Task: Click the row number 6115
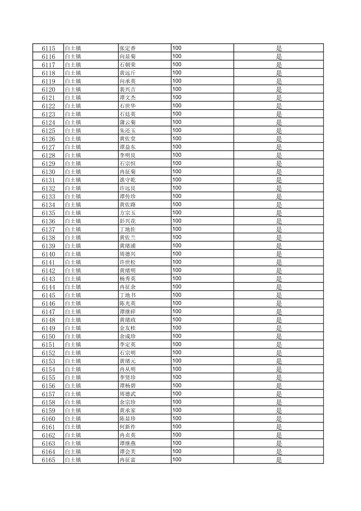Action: [x=48, y=48]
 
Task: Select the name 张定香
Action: [x=128, y=48]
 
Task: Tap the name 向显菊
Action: [x=128, y=56]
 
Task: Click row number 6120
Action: [x=48, y=89]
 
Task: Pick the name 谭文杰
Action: [x=128, y=98]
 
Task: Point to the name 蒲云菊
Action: [x=128, y=122]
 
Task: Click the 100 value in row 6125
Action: [x=177, y=130]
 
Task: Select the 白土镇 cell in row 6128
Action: [x=73, y=155]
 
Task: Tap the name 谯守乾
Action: [x=128, y=180]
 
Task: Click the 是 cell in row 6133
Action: [x=279, y=197]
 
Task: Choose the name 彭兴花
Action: [x=128, y=221]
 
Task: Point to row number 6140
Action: [x=48, y=254]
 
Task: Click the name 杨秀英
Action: [x=128, y=279]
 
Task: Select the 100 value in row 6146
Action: [x=177, y=303]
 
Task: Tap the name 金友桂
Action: [x=128, y=328]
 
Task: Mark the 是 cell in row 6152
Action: [x=279, y=353]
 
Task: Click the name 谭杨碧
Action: [x=128, y=386]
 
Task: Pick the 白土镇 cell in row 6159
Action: [x=73, y=410]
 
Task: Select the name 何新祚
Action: [x=128, y=427]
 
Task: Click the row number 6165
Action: [x=48, y=460]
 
